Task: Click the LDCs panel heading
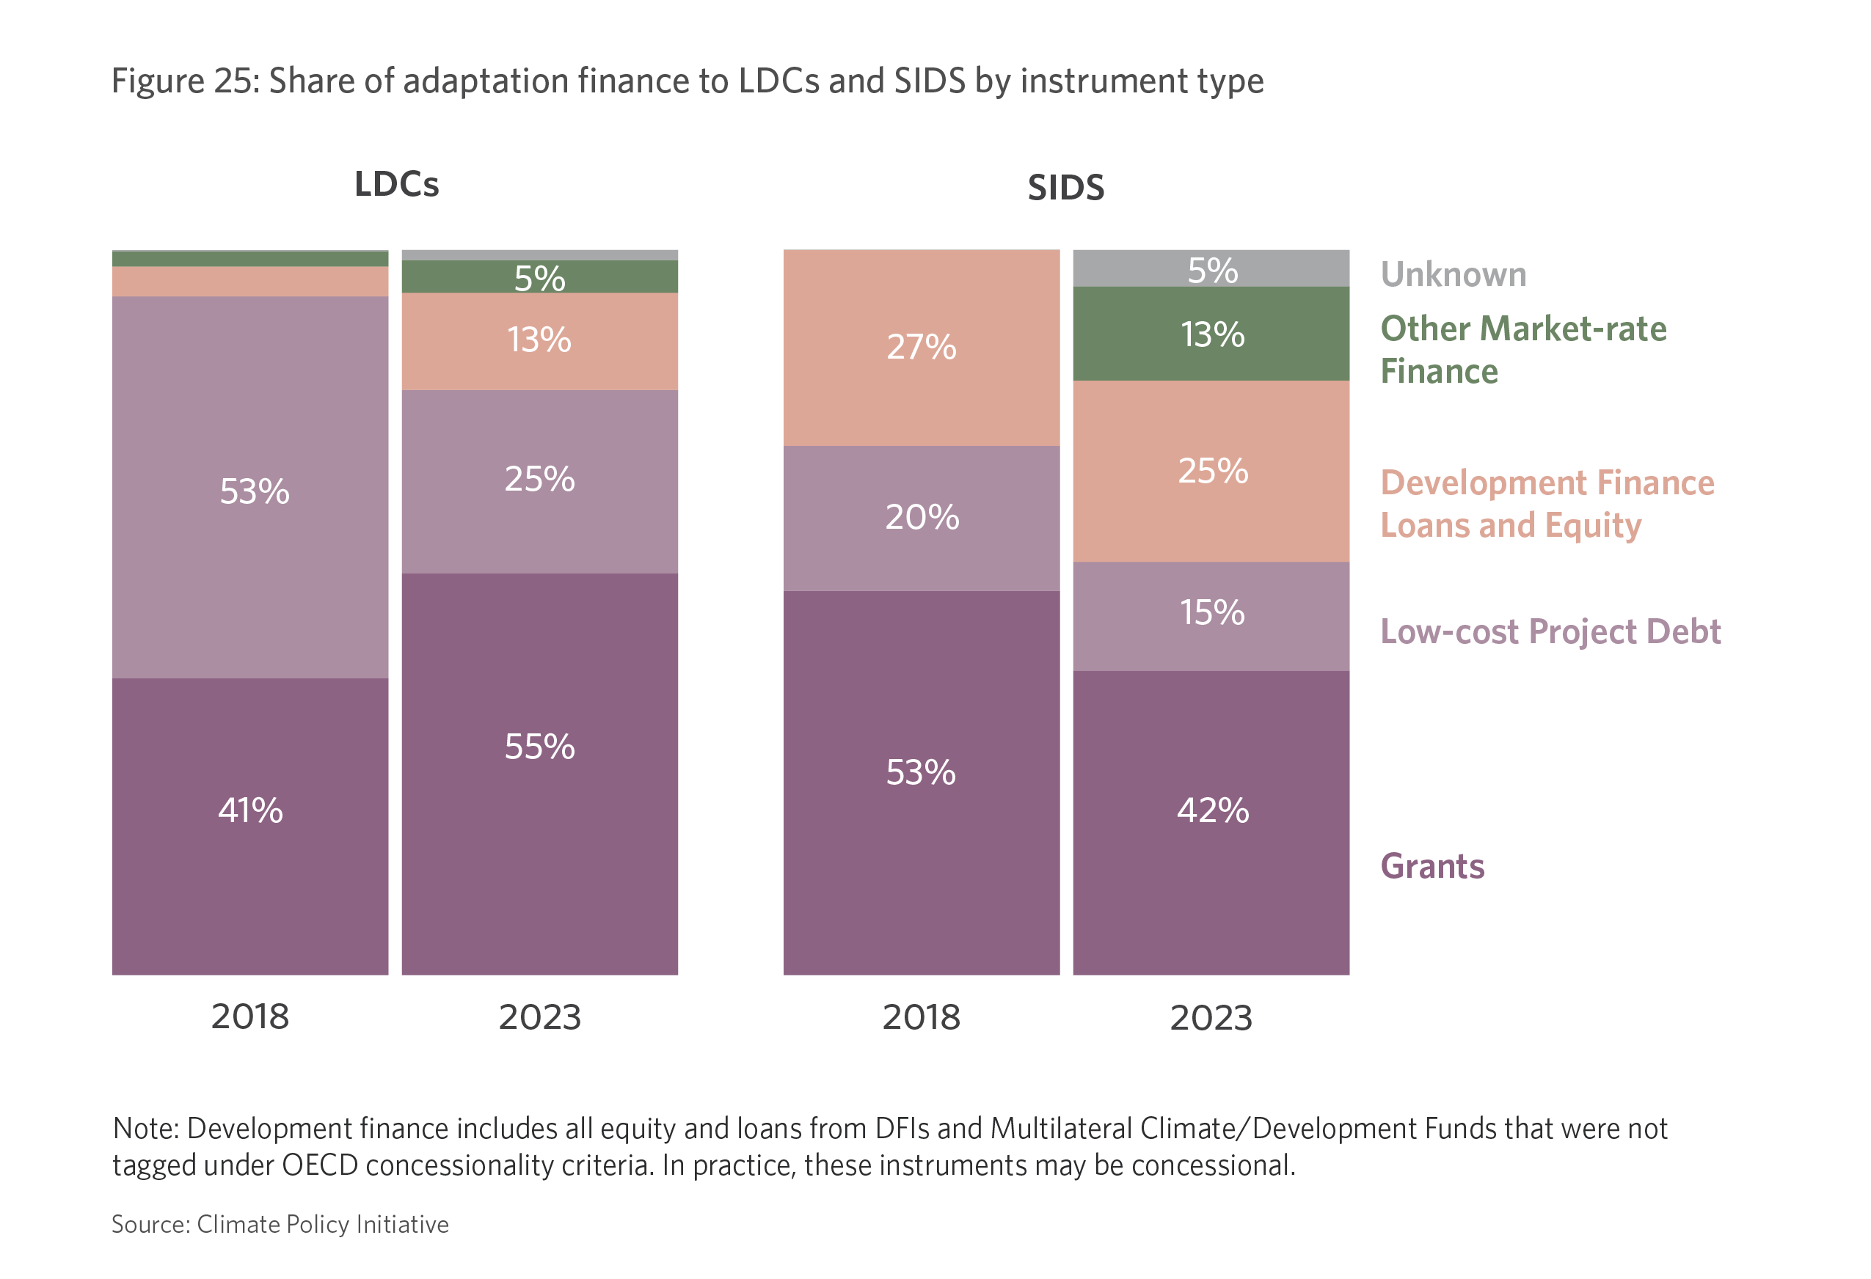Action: click(396, 184)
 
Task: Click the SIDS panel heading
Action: click(1065, 188)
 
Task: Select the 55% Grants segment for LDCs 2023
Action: click(539, 773)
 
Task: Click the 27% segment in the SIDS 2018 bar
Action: click(921, 347)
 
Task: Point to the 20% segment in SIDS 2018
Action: click(921, 518)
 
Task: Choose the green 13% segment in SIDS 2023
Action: click(1211, 334)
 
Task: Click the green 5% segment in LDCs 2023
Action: click(539, 277)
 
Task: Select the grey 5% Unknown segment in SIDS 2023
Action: click(1211, 269)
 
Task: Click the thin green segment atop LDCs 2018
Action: click(249, 258)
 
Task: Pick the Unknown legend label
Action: click(1454, 274)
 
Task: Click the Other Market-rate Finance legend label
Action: click(1522, 349)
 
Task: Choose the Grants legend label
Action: click(1432, 866)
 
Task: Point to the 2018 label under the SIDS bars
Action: click(921, 1016)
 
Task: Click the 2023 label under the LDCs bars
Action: click(539, 1016)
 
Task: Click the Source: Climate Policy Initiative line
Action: click(280, 1224)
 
